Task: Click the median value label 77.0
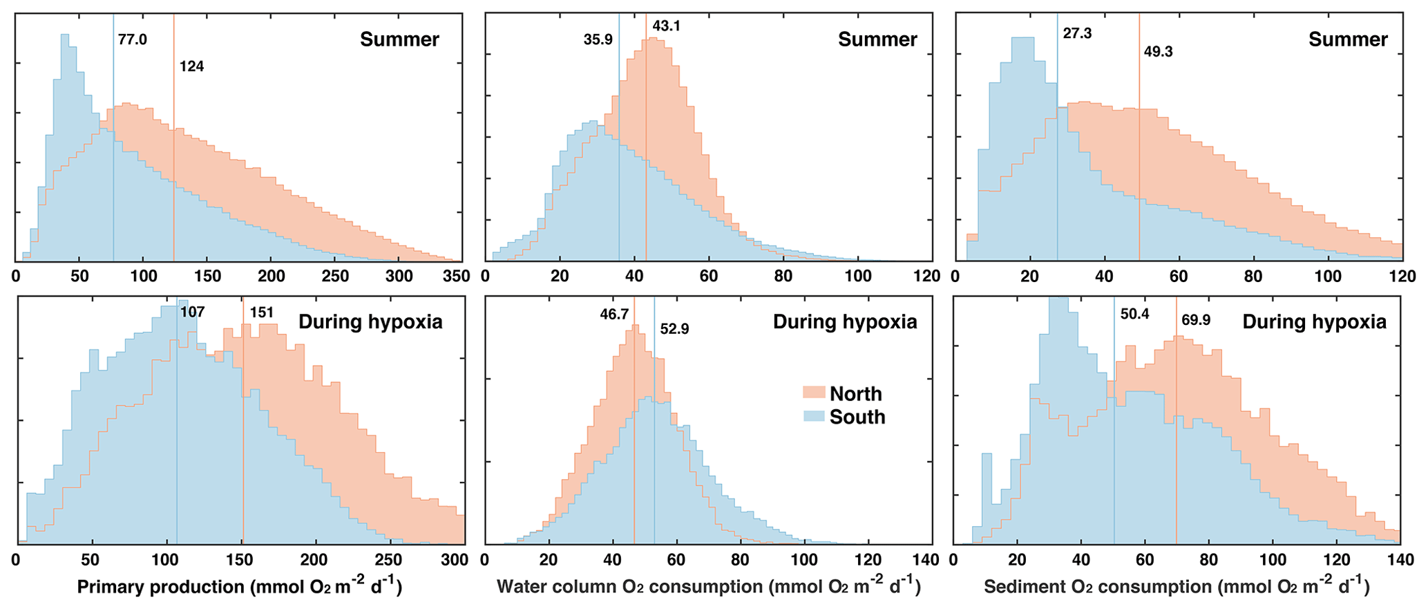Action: pyautogui.click(x=132, y=39)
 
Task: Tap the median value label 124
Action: pyautogui.click(x=191, y=67)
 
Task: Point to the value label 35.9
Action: pyautogui.click(x=598, y=40)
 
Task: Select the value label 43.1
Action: pyautogui.click(x=666, y=26)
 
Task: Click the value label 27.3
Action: pyautogui.click(x=1076, y=33)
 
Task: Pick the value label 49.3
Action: pyautogui.click(x=1158, y=52)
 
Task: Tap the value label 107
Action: pyautogui.click(x=192, y=312)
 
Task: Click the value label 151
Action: pyautogui.click(x=261, y=312)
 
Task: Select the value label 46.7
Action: pyautogui.click(x=614, y=315)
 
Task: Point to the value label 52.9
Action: pyautogui.click(x=674, y=329)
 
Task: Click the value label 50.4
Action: pyautogui.click(x=1134, y=315)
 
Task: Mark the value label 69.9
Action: pyautogui.click(x=1196, y=320)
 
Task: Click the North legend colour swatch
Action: pyautogui.click(x=813, y=393)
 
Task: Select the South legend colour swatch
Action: pyautogui.click(x=813, y=417)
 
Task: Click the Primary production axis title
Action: pyautogui.click(x=239, y=586)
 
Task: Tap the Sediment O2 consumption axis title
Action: pyautogui.click(x=1176, y=586)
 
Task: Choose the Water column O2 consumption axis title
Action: pyautogui.click(x=708, y=586)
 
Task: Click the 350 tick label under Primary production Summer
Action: pyautogui.click(x=456, y=277)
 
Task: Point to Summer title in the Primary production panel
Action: pyautogui.click(x=399, y=39)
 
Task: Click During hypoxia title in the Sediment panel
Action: pyautogui.click(x=1314, y=322)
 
